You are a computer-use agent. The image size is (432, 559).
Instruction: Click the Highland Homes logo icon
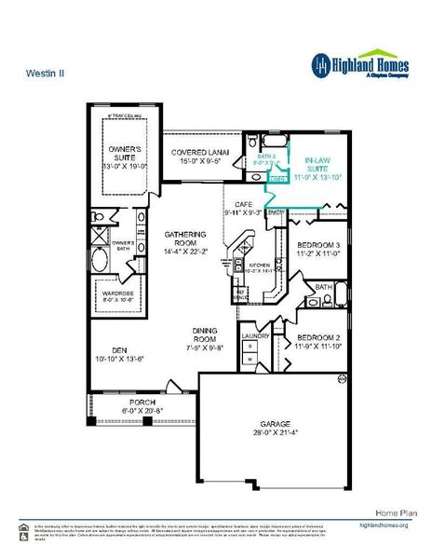coord(320,63)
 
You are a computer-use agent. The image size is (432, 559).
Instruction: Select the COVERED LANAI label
coord(196,155)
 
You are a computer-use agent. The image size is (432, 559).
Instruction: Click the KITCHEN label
coord(259,265)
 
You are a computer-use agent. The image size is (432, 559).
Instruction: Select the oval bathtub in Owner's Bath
coord(101,256)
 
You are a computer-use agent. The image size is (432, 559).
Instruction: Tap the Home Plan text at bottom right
coord(394,512)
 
